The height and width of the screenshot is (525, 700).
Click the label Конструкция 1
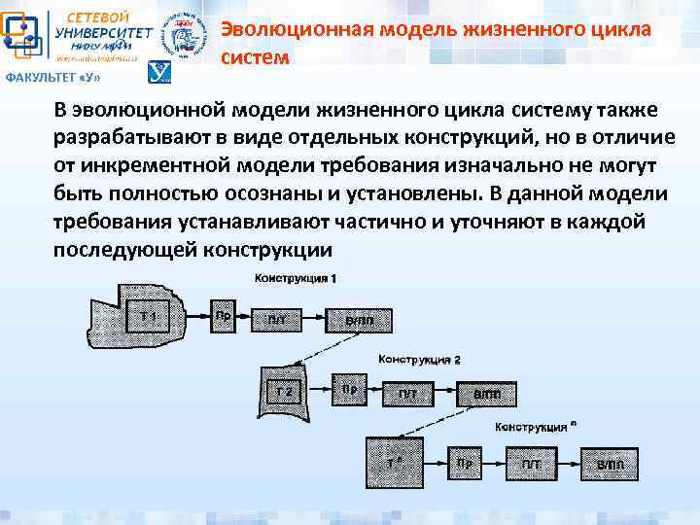click(296, 279)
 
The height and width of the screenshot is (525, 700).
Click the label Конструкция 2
click(419, 359)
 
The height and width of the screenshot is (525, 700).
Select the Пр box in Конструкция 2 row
click(349, 389)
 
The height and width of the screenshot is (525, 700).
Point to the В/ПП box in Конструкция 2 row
click(488, 394)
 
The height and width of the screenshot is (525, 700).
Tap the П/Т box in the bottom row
click(530, 466)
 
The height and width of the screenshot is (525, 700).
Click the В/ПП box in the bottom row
click(611, 466)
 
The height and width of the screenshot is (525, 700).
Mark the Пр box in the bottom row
click(465, 464)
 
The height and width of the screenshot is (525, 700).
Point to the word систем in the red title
click(255, 57)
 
